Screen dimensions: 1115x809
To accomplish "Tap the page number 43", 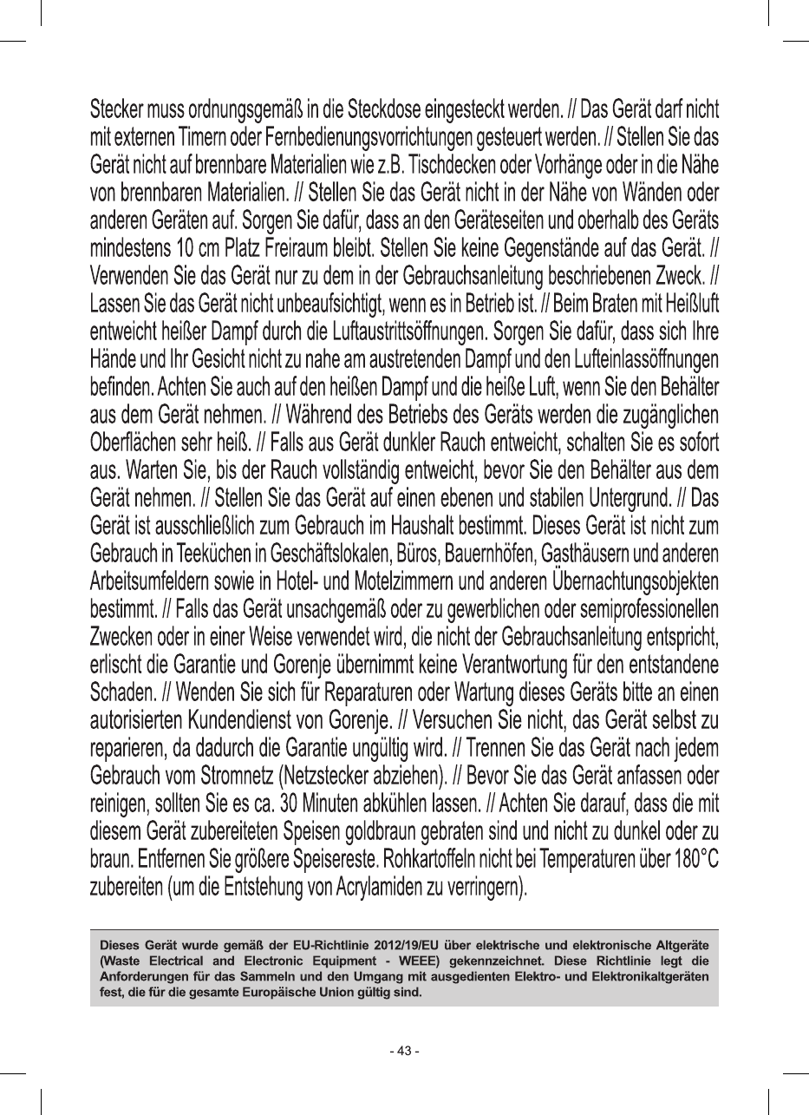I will coord(404,1051).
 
